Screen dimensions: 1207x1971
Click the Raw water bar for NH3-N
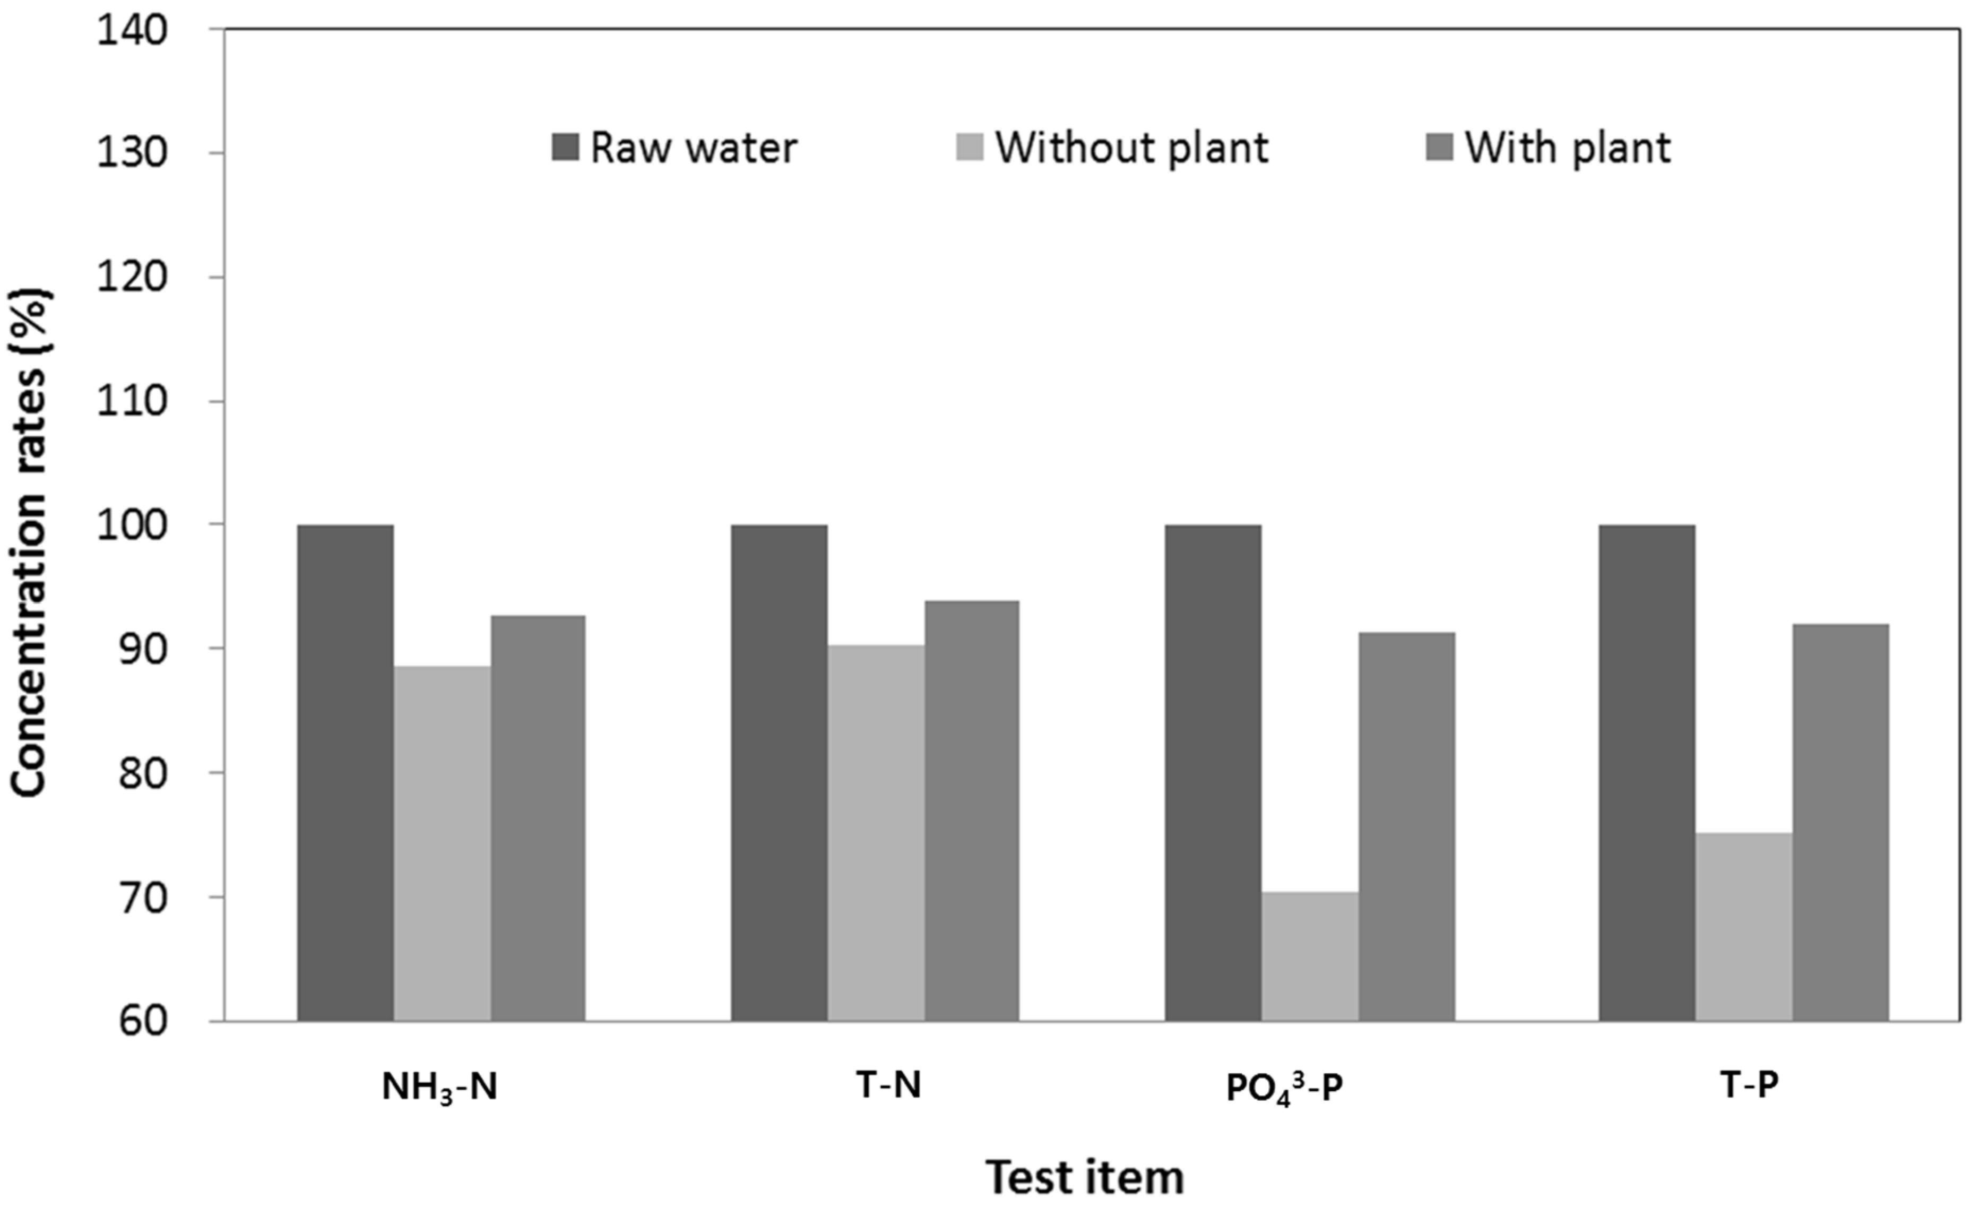345,773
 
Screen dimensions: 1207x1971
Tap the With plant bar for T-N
971,811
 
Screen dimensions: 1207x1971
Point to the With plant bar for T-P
1840,822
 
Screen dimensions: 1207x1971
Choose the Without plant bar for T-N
876,833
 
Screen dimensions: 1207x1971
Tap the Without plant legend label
1131,148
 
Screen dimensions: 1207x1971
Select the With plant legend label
1567,148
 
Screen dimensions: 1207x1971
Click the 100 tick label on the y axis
132,525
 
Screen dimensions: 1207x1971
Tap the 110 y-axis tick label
132,401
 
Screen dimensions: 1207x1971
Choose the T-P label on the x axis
1748,1086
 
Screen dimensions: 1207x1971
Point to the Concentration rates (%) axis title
30,544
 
